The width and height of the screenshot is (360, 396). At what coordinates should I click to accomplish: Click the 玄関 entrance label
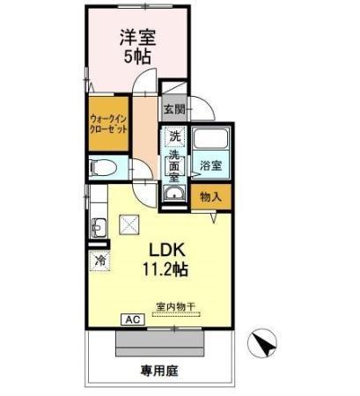pos(174,110)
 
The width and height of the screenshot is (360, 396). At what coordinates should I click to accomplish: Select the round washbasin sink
pos(174,194)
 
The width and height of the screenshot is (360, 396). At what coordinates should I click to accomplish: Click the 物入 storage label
pos(210,197)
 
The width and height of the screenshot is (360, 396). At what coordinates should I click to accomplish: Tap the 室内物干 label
pos(176,307)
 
